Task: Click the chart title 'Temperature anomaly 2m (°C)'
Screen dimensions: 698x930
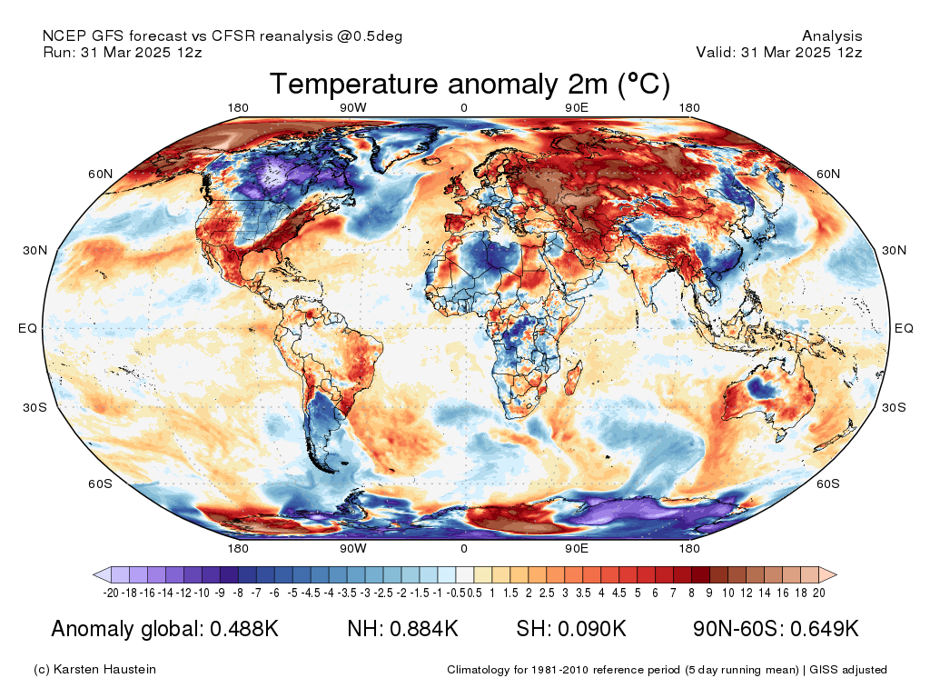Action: (470, 85)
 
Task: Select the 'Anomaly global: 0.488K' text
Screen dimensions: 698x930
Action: (164, 629)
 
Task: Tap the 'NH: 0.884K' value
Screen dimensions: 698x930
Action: (402, 629)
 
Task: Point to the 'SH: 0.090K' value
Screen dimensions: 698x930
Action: (571, 629)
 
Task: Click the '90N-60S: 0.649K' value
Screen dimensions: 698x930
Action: (776, 629)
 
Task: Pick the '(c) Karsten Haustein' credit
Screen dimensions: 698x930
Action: (94, 670)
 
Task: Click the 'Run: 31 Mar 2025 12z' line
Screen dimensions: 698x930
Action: (123, 52)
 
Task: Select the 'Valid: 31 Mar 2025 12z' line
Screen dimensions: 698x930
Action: (779, 52)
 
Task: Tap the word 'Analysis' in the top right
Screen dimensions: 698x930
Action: (832, 36)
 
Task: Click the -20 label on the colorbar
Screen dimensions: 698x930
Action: (112, 593)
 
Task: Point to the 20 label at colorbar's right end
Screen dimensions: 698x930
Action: (818, 593)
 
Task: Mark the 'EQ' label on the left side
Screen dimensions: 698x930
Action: (27, 328)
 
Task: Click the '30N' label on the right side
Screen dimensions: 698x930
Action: (895, 251)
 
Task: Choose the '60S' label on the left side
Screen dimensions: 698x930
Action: (100, 484)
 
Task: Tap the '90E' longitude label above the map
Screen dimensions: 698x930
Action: (577, 108)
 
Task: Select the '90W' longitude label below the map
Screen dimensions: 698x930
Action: (353, 549)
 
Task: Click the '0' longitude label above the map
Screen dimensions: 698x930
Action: (464, 108)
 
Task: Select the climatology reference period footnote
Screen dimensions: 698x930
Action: (667, 670)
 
